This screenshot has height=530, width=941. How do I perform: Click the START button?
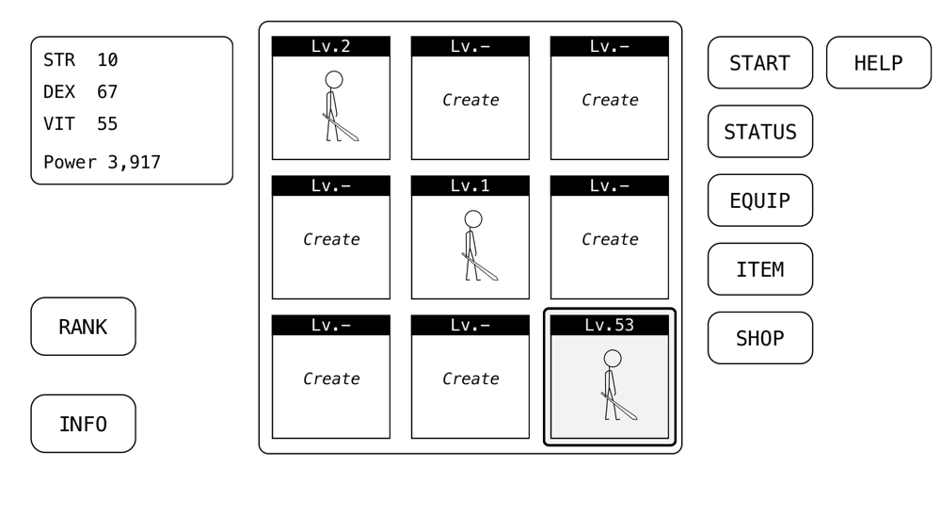pos(759,62)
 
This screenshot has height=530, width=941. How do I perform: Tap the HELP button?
pos(879,62)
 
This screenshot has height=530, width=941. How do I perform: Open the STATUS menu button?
pos(759,132)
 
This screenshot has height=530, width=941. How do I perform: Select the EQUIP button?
pos(759,201)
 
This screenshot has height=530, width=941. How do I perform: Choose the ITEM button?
pos(759,269)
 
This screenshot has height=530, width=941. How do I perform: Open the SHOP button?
pos(759,338)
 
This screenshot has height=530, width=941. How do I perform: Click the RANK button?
pos(84,327)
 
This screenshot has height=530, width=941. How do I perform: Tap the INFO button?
pos(84,424)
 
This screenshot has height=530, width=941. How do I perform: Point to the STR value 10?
pos(107,60)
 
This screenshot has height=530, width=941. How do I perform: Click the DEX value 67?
pos(107,92)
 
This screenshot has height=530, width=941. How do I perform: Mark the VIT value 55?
pos(107,123)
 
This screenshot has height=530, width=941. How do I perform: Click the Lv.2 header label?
pos(330,46)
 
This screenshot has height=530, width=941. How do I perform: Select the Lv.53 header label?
pos(609,325)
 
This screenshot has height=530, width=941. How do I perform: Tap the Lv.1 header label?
pos(470,185)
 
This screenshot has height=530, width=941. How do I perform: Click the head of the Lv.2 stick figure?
pos(334,80)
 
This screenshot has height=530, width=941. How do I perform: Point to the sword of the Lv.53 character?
pos(619,407)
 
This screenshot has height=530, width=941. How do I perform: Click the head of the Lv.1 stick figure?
pos(473,219)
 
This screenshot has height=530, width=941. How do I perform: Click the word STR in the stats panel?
pos(59,60)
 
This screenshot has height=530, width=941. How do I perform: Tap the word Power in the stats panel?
pos(70,163)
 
